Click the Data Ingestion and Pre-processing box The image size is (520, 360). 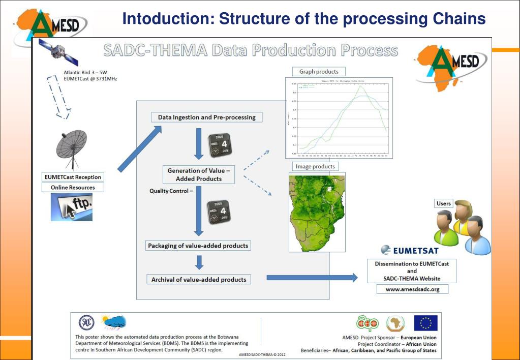207,117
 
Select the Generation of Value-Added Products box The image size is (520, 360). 199,175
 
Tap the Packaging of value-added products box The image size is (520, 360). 198,246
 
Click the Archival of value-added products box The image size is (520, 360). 198,279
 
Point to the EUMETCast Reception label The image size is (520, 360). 73,177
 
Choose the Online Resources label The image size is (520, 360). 73,188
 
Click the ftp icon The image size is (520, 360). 72,207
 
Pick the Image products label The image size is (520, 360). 315,166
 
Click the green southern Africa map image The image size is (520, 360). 317,212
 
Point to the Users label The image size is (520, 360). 444,203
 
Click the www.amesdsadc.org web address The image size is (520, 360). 412,289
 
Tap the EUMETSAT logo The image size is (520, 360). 409,250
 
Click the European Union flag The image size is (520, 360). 425,323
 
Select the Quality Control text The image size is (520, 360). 171,191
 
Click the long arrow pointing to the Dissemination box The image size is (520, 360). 312,278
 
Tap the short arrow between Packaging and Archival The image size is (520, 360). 199,262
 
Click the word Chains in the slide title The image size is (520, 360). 457,19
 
